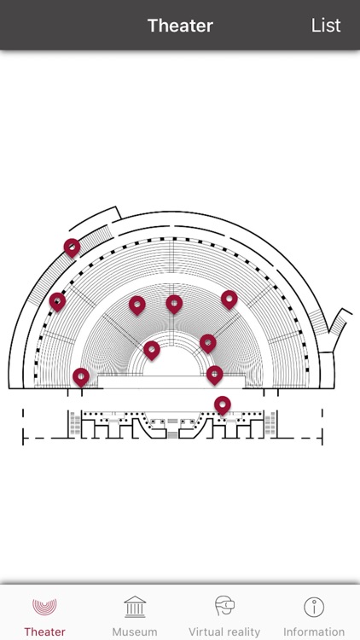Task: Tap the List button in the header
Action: [326, 26]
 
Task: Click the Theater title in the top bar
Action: [180, 26]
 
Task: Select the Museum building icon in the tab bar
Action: [135, 607]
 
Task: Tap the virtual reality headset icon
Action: [224, 606]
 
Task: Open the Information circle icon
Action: [314, 607]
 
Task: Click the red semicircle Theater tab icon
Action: [44, 607]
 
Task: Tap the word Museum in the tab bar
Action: [135, 631]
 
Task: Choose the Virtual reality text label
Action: [224, 631]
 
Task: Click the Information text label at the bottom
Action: [314, 631]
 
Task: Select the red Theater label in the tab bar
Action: [44, 631]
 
